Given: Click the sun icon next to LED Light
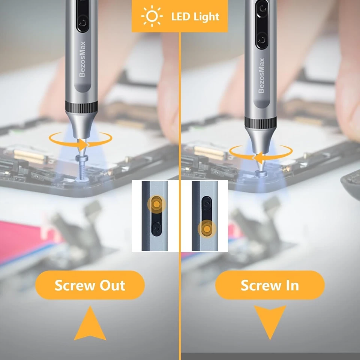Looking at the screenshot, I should (151, 16).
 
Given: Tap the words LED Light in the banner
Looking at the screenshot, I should (195, 16).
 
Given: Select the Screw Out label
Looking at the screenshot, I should (90, 285).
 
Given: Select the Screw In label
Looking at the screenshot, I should (270, 285).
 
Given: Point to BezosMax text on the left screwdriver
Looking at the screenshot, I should (82, 59).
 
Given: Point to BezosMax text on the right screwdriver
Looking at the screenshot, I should (261, 75).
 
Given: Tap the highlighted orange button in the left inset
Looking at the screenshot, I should (156, 204).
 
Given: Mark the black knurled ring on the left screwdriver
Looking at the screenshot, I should (82, 107).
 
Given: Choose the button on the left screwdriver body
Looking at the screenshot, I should (82, 23).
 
